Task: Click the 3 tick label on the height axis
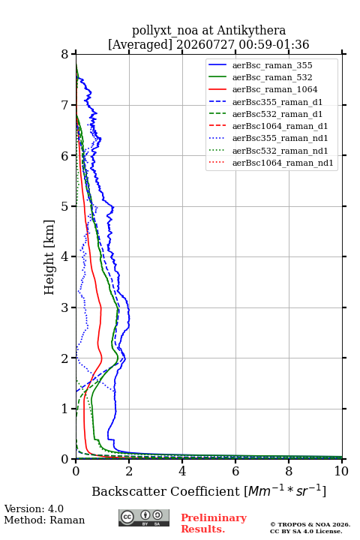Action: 65,307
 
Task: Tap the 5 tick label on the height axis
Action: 65,206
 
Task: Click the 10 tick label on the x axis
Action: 341,471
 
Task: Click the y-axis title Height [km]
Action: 49,257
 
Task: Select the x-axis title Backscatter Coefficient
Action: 166,491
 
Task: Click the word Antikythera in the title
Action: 251,31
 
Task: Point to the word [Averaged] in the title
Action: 140,44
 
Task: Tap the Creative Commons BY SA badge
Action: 144,518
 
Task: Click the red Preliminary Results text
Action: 214,523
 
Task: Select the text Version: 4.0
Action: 34,509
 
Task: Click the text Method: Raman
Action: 44,520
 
